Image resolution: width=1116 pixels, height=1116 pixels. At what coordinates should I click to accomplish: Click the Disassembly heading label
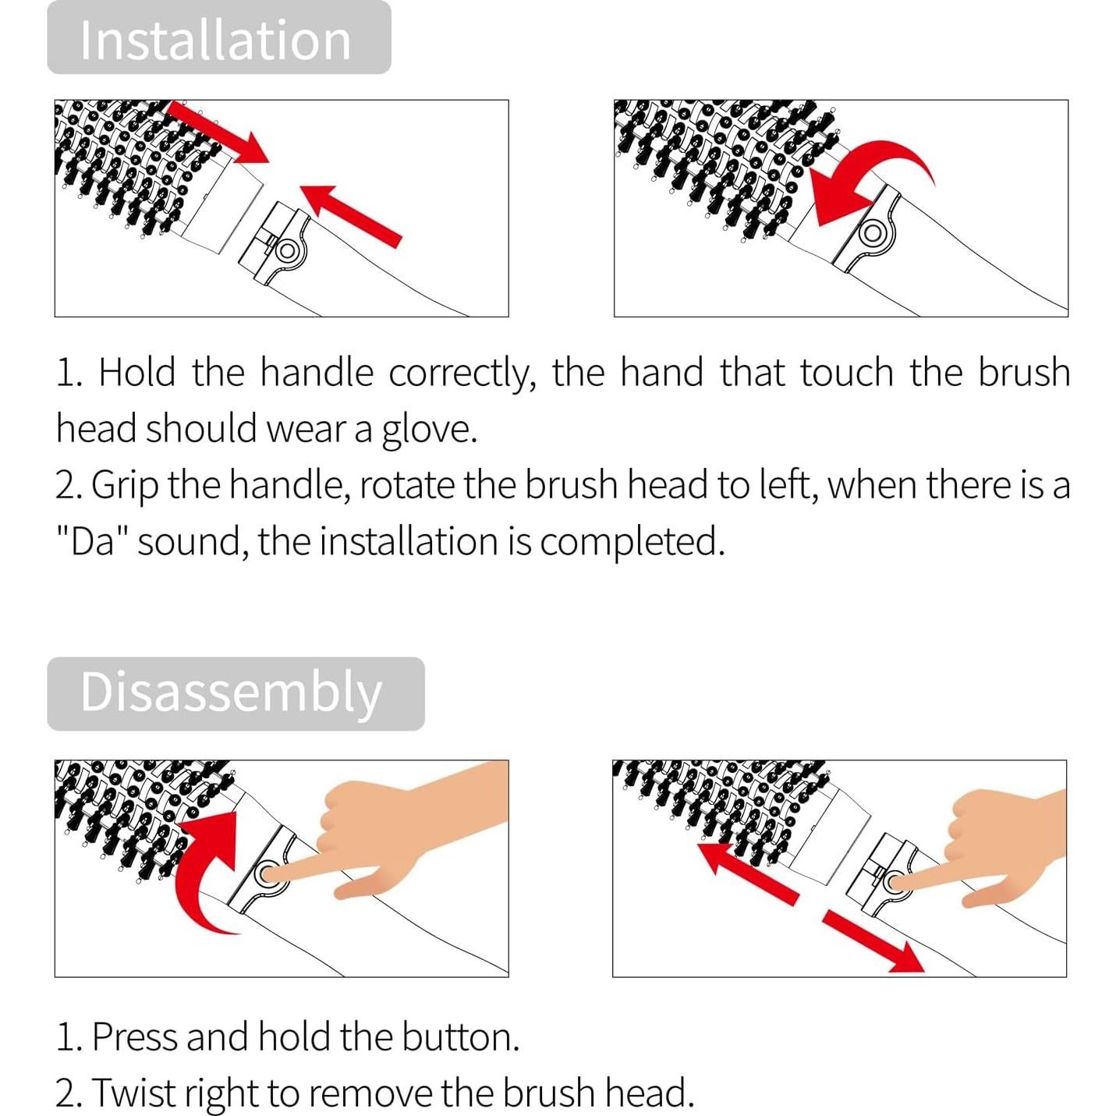231,692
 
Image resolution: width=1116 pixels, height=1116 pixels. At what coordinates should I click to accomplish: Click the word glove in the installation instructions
429,430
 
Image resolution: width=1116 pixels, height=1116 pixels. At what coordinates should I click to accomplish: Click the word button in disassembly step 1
460,1036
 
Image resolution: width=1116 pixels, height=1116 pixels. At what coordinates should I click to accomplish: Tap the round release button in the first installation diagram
287,251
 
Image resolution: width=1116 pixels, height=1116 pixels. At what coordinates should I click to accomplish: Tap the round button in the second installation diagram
872,233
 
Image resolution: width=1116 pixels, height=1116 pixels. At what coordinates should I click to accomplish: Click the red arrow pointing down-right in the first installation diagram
217,132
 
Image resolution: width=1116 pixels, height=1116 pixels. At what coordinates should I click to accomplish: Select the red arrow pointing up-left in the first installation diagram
350,216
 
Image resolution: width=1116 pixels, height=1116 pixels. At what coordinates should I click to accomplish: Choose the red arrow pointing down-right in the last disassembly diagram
873,941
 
